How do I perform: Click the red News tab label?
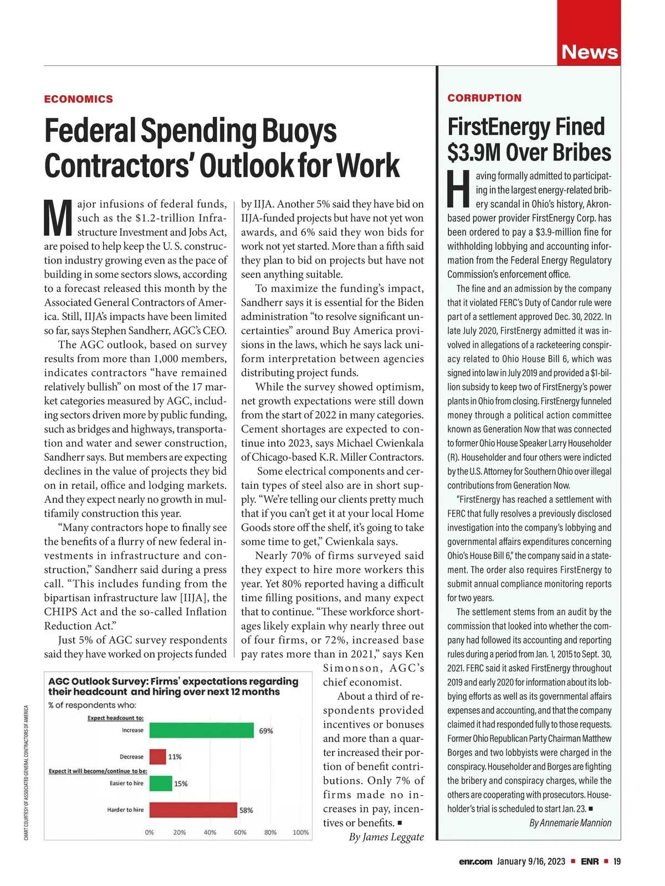(589, 52)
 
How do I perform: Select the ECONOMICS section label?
(79, 99)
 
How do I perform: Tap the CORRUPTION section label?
(484, 98)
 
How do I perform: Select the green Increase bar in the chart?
(202, 730)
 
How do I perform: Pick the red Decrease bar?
(157, 756)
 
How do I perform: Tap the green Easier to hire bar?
(161, 783)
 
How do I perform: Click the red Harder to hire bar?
(193, 810)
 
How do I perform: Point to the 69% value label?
(266, 731)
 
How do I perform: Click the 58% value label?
(246, 810)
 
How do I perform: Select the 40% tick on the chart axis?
(210, 832)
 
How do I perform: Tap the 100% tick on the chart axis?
(300, 832)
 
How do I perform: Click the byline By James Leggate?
(386, 837)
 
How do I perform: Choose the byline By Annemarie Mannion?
(570, 823)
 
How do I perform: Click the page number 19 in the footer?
(617, 862)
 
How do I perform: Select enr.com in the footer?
(475, 862)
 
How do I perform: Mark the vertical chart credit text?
(26, 772)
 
